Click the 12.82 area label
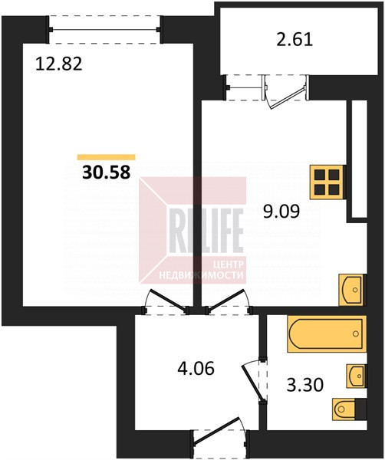point(59,64)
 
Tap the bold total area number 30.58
point(107,172)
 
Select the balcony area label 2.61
point(295,40)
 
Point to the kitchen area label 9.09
point(281,212)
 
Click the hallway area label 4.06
point(196,369)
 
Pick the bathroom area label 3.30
point(305,385)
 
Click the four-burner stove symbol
point(327,182)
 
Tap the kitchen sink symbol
point(351,290)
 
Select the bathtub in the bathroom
point(327,333)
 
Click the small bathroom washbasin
point(357,376)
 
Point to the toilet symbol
point(350,409)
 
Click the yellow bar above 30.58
point(107,157)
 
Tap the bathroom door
point(254,381)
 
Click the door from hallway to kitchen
point(229,301)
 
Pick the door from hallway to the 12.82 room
point(166,301)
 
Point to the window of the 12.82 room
point(104,29)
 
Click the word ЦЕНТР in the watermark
point(229,264)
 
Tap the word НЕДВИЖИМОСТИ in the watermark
point(201,275)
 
